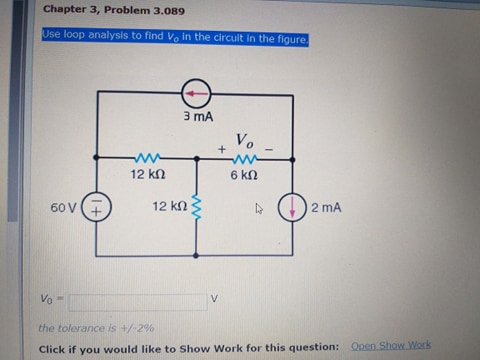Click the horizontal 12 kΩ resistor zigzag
[x=146, y=158]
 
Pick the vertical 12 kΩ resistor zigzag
[x=196, y=207]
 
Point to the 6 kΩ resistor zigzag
[x=246, y=158]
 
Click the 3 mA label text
[x=196, y=117]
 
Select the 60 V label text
[x=63, y=208]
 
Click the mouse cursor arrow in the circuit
[x=258, y=210]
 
